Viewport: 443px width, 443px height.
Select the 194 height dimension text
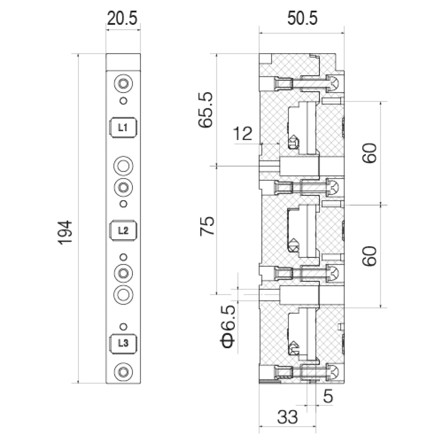(x=65, y=233)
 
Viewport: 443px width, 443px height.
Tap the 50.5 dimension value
(x=302, y=18)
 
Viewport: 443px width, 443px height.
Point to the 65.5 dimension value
(x=206, y=110)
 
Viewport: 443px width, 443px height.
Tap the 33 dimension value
(x=288, y=417)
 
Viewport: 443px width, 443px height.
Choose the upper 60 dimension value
(x=370, y=153)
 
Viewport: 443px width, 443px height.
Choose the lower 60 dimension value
(x=370, y=256)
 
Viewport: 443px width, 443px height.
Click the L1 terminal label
(x=123, y=128)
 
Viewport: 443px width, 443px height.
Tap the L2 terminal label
(x=123, y=231)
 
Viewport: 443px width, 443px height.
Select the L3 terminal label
(x=123, y=343)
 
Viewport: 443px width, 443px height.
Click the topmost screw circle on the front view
(x=124, y=83)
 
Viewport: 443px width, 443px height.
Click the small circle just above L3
(x=124, y=326)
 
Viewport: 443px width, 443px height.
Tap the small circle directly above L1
(x=124, y=101)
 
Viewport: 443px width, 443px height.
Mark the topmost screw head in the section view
(x=333, y=83)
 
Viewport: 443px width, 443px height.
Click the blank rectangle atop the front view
(x=123, y=62)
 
